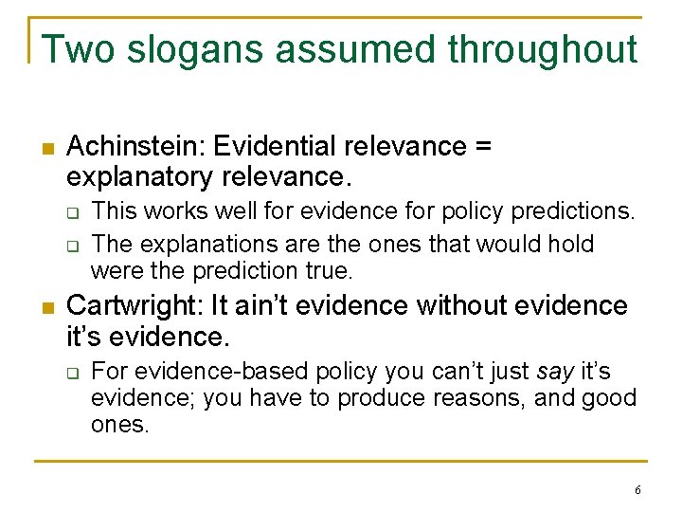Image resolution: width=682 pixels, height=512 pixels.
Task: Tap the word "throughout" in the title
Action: [542, 49]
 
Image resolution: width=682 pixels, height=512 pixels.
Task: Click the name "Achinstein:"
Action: [135, 147]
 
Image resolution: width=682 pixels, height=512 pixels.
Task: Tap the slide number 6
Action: [637, 490]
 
